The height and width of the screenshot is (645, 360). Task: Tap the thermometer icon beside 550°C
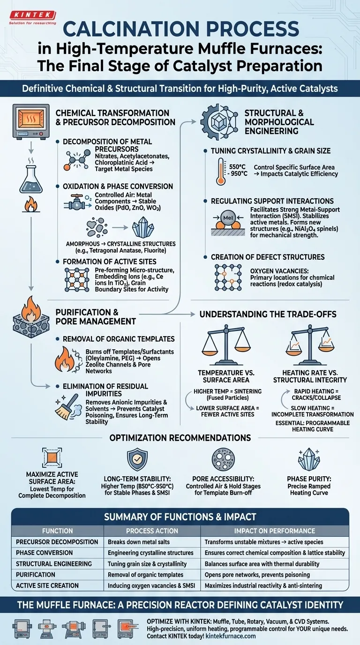[224, 171]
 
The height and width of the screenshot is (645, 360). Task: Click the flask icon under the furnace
[30, 180]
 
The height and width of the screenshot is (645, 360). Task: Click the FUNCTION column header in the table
[58, 531]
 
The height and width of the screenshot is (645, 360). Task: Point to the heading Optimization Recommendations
[180, 438]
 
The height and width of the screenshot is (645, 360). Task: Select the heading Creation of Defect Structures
[268, 257]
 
